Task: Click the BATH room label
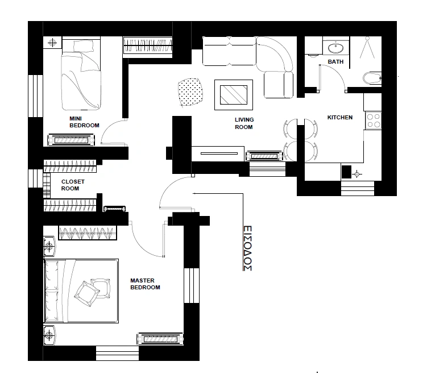(x=335, y=62)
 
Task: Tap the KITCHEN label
(x=340, y=117)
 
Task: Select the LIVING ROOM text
(x=244, y=123)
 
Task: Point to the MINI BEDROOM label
(x=84, y=122)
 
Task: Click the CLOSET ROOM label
(x=73, y=185)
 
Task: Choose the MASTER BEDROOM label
(x=145, y=284)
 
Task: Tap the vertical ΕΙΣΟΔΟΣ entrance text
(x=247, y=248)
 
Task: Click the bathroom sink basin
(x=335, y=48)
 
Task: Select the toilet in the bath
(x=372, y=78)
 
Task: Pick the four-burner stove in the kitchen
(x=373, y=120)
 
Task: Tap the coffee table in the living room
(x=234, y=95)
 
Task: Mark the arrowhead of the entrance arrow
(x=194, y=193)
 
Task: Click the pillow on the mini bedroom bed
(x=84, y=45)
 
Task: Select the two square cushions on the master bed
(x=93, y=291)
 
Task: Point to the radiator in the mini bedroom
(x=71, y=140)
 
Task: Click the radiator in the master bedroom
(x=160, y=339)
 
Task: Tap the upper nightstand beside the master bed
(x=49, y=246)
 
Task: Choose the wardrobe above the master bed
(x=88, y=232)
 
